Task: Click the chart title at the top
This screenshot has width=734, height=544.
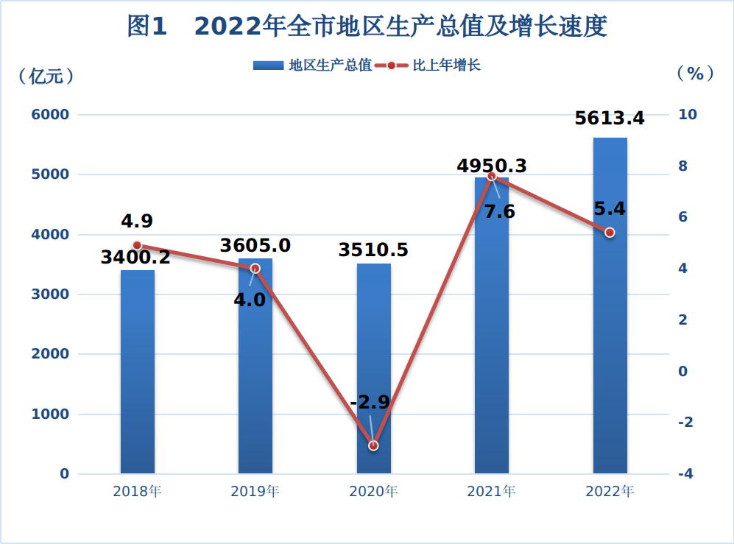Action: pos(367,27)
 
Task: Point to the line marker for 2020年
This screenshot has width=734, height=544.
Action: pos(373,445)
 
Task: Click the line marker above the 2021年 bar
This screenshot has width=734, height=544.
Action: pos(493,177)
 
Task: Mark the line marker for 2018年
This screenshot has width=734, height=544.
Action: pos(137,245)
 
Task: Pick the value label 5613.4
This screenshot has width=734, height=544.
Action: pos(610,118)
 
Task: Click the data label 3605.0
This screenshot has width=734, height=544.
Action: pos(255,245)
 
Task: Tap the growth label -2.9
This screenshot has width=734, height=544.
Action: pos(370,403)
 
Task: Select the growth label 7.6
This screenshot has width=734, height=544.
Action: pos(499,212)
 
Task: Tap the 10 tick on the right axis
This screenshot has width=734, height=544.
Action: pos(688,115)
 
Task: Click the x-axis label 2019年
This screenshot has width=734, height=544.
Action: pos(255,492)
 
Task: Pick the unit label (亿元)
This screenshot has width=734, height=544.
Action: pos(46,74)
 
